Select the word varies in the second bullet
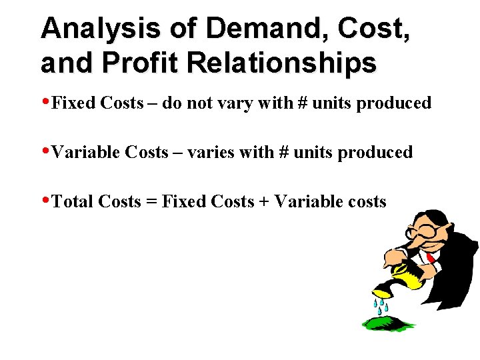pos(211,153)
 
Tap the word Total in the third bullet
pos(73,202)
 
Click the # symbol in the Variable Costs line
pos(283,153)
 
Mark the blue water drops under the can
pos(381,306)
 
